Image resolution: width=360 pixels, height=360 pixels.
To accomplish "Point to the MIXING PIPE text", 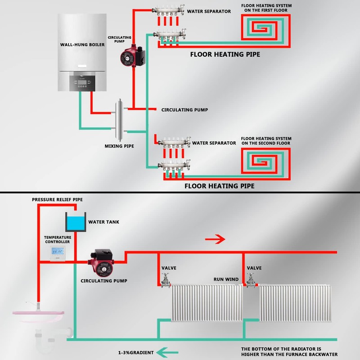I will (x=119, y=146).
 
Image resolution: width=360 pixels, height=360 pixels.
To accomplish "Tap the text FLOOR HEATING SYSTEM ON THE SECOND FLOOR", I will (x=266, y=140).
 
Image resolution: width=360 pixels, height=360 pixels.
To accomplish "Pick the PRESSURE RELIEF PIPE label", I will (x=58, y=199).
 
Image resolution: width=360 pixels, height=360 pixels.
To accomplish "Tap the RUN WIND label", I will (x=226, y=279).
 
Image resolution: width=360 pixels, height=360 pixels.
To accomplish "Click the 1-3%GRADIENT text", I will (x=136, y=352).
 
